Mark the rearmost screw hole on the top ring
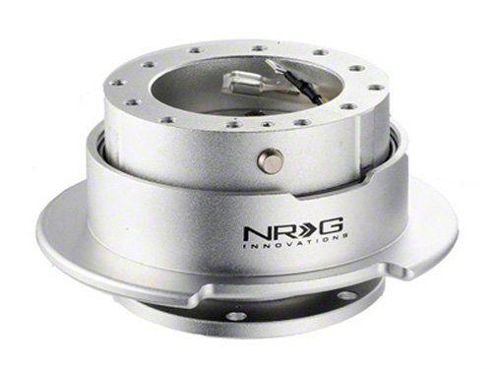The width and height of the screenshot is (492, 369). coord(258,46)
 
